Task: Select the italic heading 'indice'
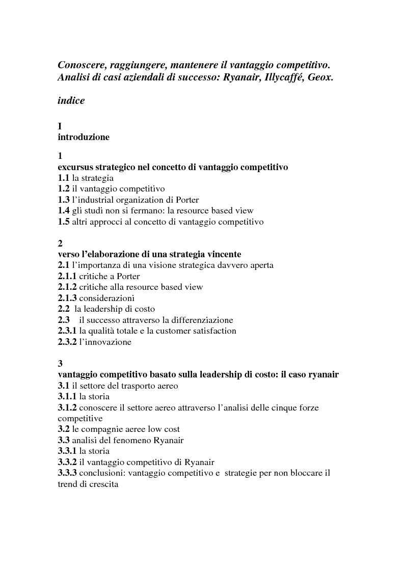pyautogui.click(x=71, y=100)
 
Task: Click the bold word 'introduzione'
pyautogui.click(x=84, y=137)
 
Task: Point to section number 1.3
pyautogui.click(x=64, y=200)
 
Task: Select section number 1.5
pyautogui.click(x=64, y=222)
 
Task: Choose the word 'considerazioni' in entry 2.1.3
pyautogui.click(x=107, y=298)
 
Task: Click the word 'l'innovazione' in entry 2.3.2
pyautogui.click(x=105, y=342)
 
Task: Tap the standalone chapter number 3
pyautogui.click(x=60, y=364)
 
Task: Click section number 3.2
pyautogui.click(x=64, y=429)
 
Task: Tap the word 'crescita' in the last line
pyautogui.click(x=103, y=484)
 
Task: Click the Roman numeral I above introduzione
pyautogui.click(x=60, y=126)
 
